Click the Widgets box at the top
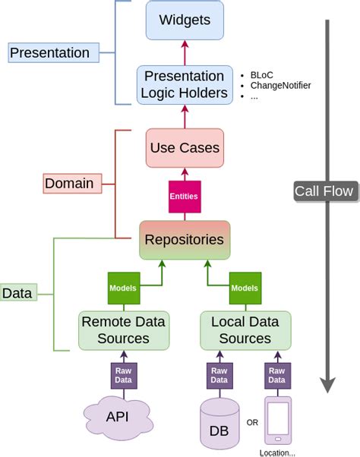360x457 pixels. [x=185, y=20]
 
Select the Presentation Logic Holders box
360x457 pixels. [x=184, y=84]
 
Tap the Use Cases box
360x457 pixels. [x=185, y=147]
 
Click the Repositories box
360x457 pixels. [x=185, y=239]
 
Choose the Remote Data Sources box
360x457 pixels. [x=123, y=330]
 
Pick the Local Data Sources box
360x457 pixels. [x=245, y=330]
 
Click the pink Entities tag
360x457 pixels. [x=185, y=196]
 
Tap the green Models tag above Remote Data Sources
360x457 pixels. [x=123, y=288]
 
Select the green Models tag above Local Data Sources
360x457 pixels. [x=245, y=288]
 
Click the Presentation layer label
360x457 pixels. [x=49, y=53]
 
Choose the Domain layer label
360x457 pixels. [x=69, y=183]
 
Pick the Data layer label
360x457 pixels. [x=17, y=293]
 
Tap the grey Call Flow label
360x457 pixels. [x=324, y=191]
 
